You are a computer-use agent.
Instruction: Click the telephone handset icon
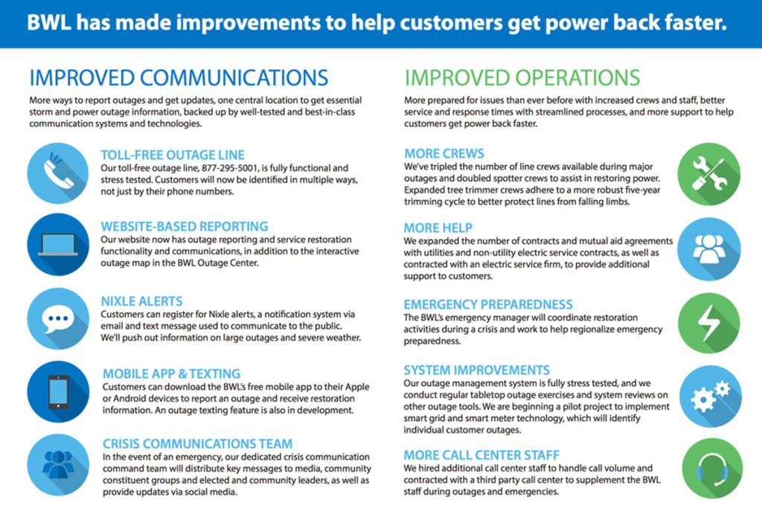point(58,173)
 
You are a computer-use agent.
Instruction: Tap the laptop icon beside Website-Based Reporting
point(58,244)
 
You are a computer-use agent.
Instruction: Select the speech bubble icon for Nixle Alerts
point(58,318)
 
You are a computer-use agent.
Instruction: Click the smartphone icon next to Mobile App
point(58,391)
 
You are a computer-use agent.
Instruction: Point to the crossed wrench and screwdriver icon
point(709,174)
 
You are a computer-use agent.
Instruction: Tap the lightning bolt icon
point(709,323)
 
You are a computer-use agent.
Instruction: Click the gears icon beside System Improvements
point(710,396)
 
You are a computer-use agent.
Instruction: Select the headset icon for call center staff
point(712,469)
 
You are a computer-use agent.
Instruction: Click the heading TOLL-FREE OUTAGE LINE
point(173,155)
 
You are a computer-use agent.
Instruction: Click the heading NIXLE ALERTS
point(141,301)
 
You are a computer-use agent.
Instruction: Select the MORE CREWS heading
point(444,153)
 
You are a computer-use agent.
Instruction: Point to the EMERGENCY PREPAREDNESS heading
point(488,304)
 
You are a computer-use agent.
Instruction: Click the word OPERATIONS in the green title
point(577,78)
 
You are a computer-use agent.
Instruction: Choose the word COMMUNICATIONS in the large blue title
point(234,78)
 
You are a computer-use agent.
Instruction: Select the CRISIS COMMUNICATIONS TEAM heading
point(197,444)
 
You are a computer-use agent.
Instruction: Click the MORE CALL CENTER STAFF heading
point(481,455)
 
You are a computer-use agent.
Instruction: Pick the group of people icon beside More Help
point(709,248)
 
